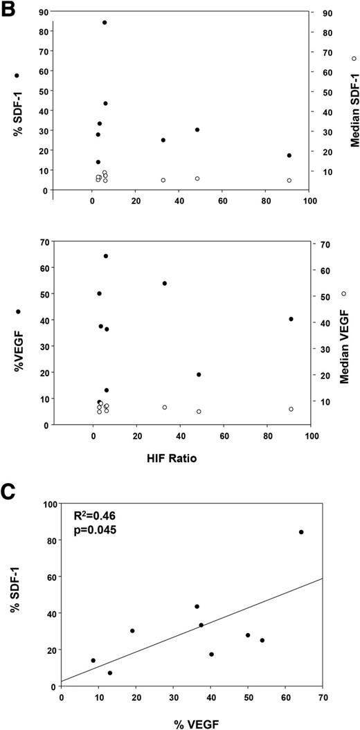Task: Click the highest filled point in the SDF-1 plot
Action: [x=105, y=22]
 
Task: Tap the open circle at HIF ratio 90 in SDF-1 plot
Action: [x=289, y=181]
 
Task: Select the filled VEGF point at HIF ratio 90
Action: [x=291, y=319]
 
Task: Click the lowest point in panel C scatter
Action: [x=110, y=673]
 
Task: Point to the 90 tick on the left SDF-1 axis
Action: [x=42, y=12]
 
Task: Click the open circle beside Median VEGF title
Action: [x=343, y=294]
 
